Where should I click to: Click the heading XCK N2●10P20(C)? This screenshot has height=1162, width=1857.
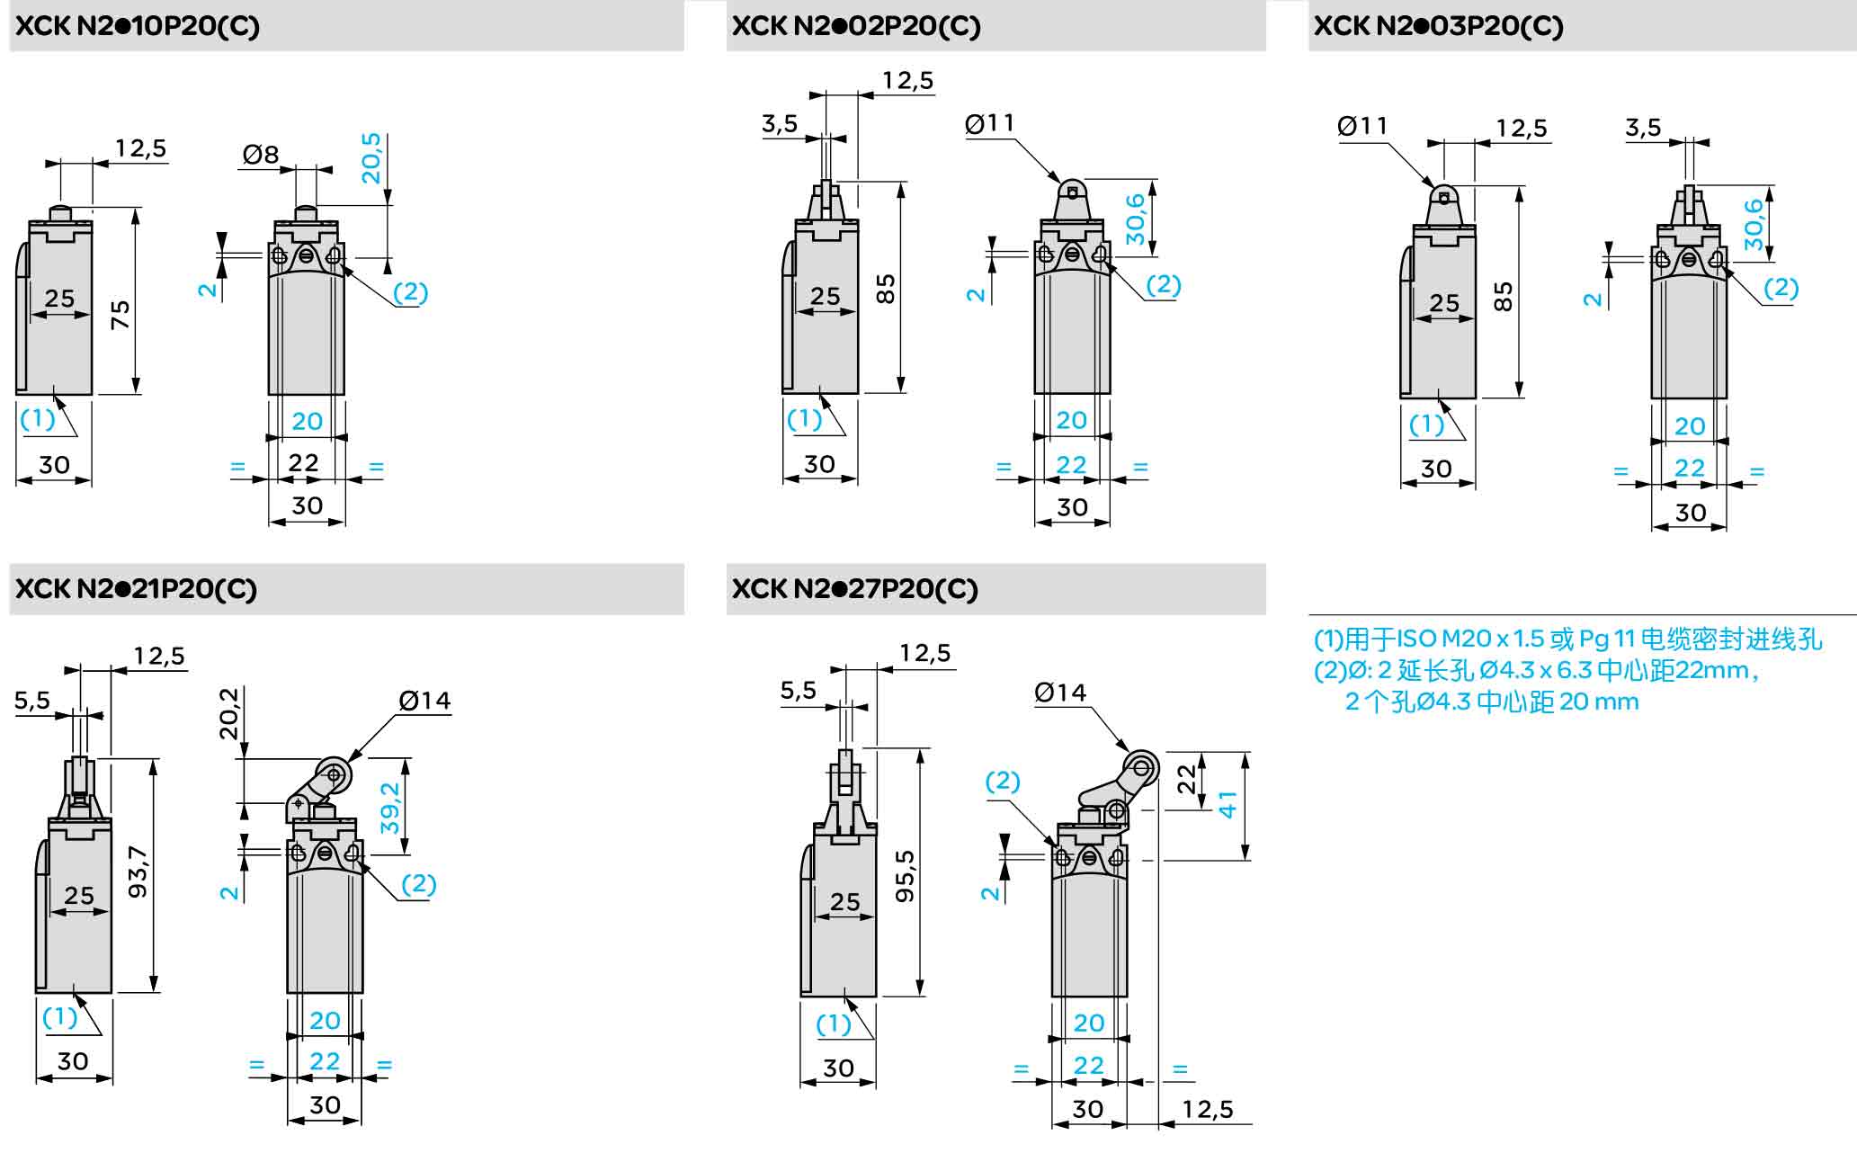click(x=138, y=26)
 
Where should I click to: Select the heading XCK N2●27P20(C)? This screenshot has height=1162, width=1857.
click(x=854, y=589)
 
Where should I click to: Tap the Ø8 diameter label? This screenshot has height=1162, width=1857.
click(x=261, y=155)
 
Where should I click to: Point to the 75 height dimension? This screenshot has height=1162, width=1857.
click(x=120, y=315)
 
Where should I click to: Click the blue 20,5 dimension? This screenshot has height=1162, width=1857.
click(x=371, y=158)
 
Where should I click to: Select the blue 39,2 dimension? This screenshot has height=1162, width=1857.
click(x=389, y=808)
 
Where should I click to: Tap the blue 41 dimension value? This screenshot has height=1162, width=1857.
click(x=1228, y=803)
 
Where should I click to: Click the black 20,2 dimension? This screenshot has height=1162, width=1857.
click(x=230, y=713)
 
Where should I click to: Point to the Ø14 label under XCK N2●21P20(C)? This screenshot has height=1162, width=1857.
click(x=424, y=701)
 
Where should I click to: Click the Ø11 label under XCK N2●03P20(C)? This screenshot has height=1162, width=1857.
click(x=1362, y=126)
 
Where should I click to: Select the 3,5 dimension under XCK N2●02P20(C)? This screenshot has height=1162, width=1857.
click(x=780, y=124)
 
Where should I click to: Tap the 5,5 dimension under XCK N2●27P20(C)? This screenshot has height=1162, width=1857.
click(x=799, y=691)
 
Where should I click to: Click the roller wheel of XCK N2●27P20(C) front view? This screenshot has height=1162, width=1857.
click(x=1143, y=767)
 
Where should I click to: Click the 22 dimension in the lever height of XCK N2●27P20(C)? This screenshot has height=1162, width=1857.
click(x=1188, y=778)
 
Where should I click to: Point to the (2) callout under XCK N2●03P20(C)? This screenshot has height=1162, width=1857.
click(x=1781, y=288)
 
